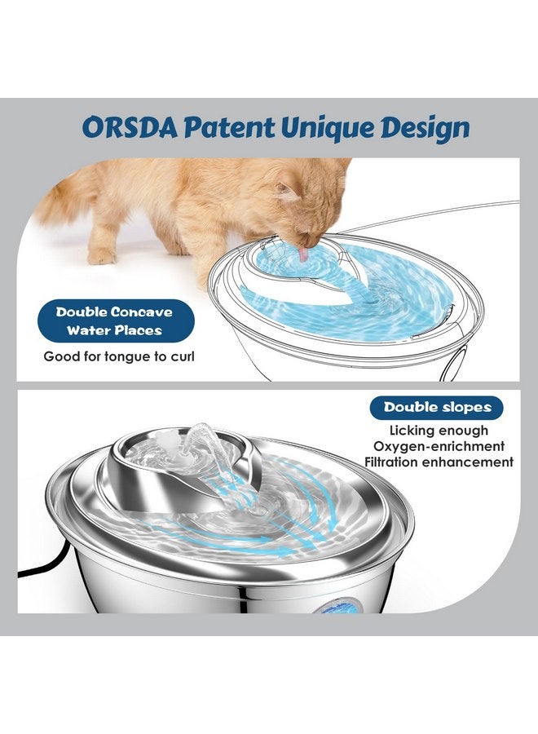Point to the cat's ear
286,192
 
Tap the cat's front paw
102,256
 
